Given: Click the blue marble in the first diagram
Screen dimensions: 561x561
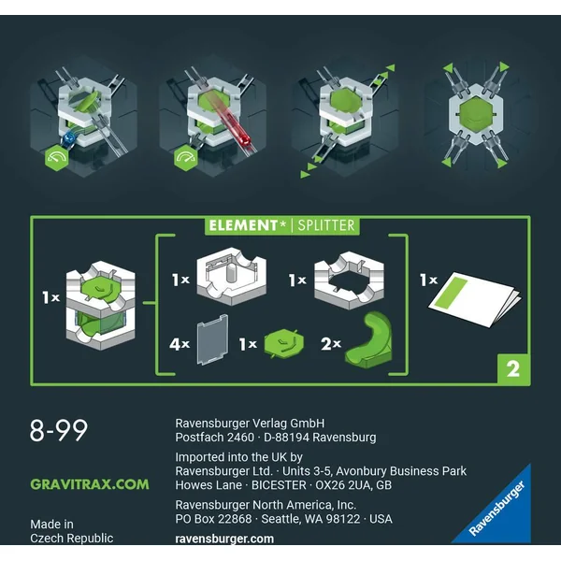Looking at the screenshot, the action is [69, 138].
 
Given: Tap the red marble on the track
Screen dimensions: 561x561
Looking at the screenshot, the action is [244, 138].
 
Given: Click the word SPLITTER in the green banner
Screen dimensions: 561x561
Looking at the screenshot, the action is [326, 225].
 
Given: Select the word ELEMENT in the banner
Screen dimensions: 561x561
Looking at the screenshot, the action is [243, 225].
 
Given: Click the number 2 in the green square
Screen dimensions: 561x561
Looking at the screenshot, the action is [513, 369].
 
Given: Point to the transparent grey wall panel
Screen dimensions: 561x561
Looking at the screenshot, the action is [212, 339].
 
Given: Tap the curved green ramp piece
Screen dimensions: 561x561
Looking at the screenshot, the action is [368, 340].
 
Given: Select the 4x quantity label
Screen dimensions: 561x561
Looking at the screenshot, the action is [180, 344].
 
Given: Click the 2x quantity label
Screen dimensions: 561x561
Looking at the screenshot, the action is [331, 344].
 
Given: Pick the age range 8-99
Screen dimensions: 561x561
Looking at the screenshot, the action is [59, 430].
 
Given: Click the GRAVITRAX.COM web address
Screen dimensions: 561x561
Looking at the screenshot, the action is [90, 484].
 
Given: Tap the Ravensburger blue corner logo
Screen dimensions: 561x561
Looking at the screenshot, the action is [497, 509].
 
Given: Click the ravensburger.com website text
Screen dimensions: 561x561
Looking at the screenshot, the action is [224, 539].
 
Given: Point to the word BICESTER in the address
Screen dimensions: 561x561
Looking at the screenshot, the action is [279, 485].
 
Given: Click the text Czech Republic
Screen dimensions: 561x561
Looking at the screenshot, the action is [72, 539].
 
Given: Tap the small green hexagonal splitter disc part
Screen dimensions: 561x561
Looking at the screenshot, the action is [284, 343].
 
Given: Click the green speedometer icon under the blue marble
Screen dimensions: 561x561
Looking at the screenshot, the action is [56, 158].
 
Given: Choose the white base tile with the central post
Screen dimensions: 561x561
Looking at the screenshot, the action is [232, 276].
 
